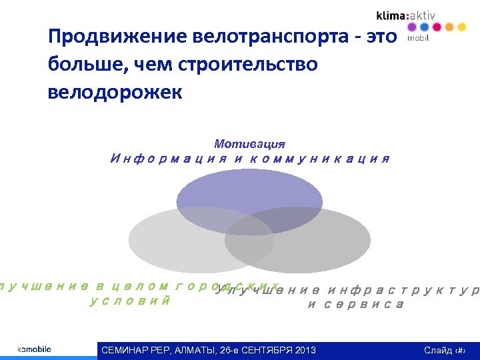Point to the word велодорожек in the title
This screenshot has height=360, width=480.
pos(114,92)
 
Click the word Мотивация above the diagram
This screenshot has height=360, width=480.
pos(249,144)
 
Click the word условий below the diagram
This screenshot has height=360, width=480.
pos(129,301)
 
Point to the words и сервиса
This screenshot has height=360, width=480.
pos(355,305)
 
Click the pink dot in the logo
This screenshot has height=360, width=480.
pos(436,27)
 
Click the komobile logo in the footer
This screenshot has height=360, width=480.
pos(34,349)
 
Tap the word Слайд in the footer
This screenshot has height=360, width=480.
pos(437,351)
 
